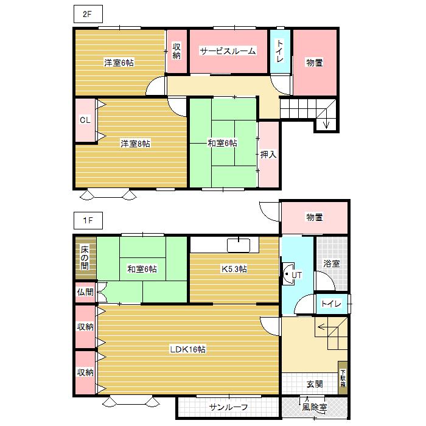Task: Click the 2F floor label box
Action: (x=88, y=14)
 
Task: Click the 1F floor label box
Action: (x=88, y=220)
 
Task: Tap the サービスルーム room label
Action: (x=228, y=51)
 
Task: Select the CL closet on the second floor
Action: (x=85, y=120)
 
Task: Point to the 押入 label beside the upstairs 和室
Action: (x=268, y=155)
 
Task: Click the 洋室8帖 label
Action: (x=135, y=143)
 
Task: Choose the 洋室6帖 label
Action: (x=119, y=63)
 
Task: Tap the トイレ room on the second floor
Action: (x=280, y=51)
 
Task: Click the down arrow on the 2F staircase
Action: (x=326, y=124)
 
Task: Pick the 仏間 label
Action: (x=85, y=292)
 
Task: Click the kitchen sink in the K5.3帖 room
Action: (x=239, y=245)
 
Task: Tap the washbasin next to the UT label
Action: (x=288, y=274)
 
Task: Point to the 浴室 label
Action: (x=331, y=264)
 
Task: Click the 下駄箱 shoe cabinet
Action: (x=343, y=378)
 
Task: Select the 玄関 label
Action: (x=315, y=384)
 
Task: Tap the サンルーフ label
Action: (x=228, y=407)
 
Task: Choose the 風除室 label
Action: (x=314, y=407)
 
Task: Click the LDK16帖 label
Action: (x=187, y=349)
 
